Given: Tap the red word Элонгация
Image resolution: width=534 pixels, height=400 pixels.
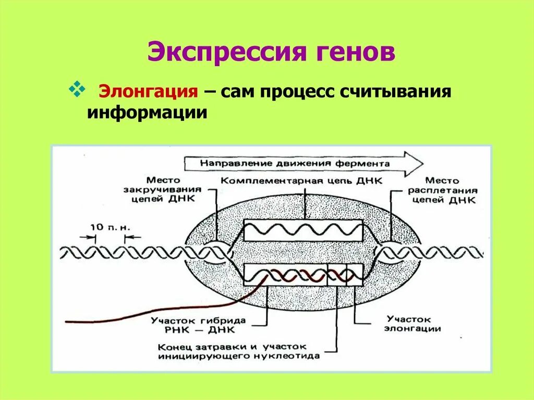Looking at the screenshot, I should point(149,91).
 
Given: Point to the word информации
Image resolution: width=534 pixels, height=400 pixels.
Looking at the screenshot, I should point(148,112).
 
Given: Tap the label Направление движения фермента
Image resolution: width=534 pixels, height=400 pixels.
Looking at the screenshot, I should point(295,163).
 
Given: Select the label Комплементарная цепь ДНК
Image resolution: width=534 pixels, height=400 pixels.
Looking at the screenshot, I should point(301,180).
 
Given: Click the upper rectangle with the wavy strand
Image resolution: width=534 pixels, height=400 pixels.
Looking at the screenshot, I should point(303,230).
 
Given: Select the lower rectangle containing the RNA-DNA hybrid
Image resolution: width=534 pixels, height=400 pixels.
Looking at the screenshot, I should point(303,275).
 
